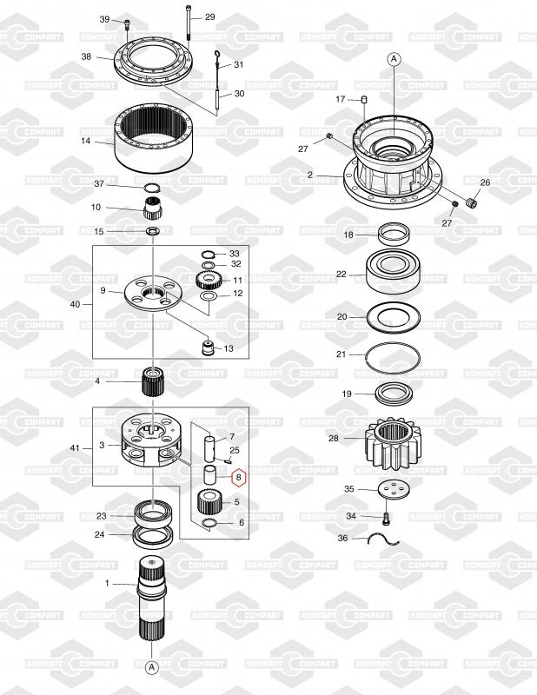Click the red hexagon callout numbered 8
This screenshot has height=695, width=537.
coord(239,477)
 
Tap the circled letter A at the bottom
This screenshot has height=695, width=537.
coord(152,666)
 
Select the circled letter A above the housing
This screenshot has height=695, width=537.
coord(394,59)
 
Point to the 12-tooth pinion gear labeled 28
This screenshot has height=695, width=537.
coord(392,444)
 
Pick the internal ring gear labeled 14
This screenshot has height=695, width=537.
coord(154,138)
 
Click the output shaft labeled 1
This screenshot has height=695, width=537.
coord(152,599)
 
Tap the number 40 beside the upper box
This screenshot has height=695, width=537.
coord(76,305)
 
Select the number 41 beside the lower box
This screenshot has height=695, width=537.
coord(75,448)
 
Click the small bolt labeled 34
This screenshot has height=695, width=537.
coord(385,517)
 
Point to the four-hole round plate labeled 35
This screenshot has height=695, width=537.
coord(394,489)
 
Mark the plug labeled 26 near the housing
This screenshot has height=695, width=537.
coord(472,203)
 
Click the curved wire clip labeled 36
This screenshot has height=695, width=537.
coord(385,539)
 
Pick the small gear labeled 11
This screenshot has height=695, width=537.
coord(207,281)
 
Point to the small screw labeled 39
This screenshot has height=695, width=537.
coord(127,23)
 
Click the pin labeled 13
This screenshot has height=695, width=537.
coord(208,347)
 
